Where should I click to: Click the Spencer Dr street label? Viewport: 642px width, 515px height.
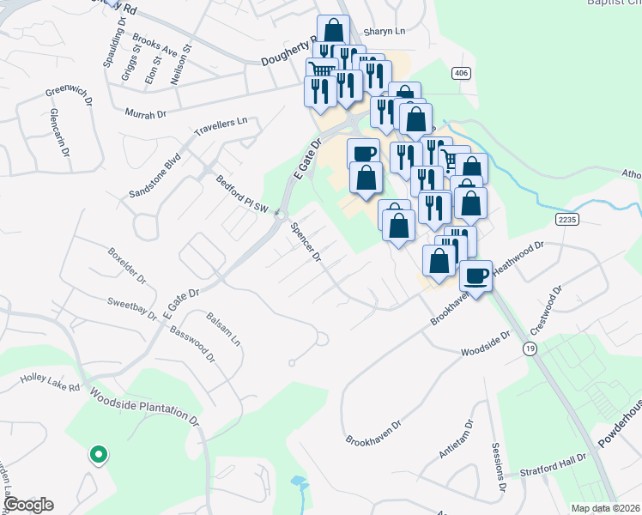click(x=306, y=243)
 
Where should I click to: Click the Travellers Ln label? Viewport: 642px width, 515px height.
click(x=220, y=128)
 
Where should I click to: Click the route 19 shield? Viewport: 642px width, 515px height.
click(x=529, y=348)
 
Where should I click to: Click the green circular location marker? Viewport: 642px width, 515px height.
click(x=99, y=454)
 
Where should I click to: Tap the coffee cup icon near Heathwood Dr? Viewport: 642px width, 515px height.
click(x=475, y=276)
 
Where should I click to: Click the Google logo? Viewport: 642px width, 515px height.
click(x=28, y=505)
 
